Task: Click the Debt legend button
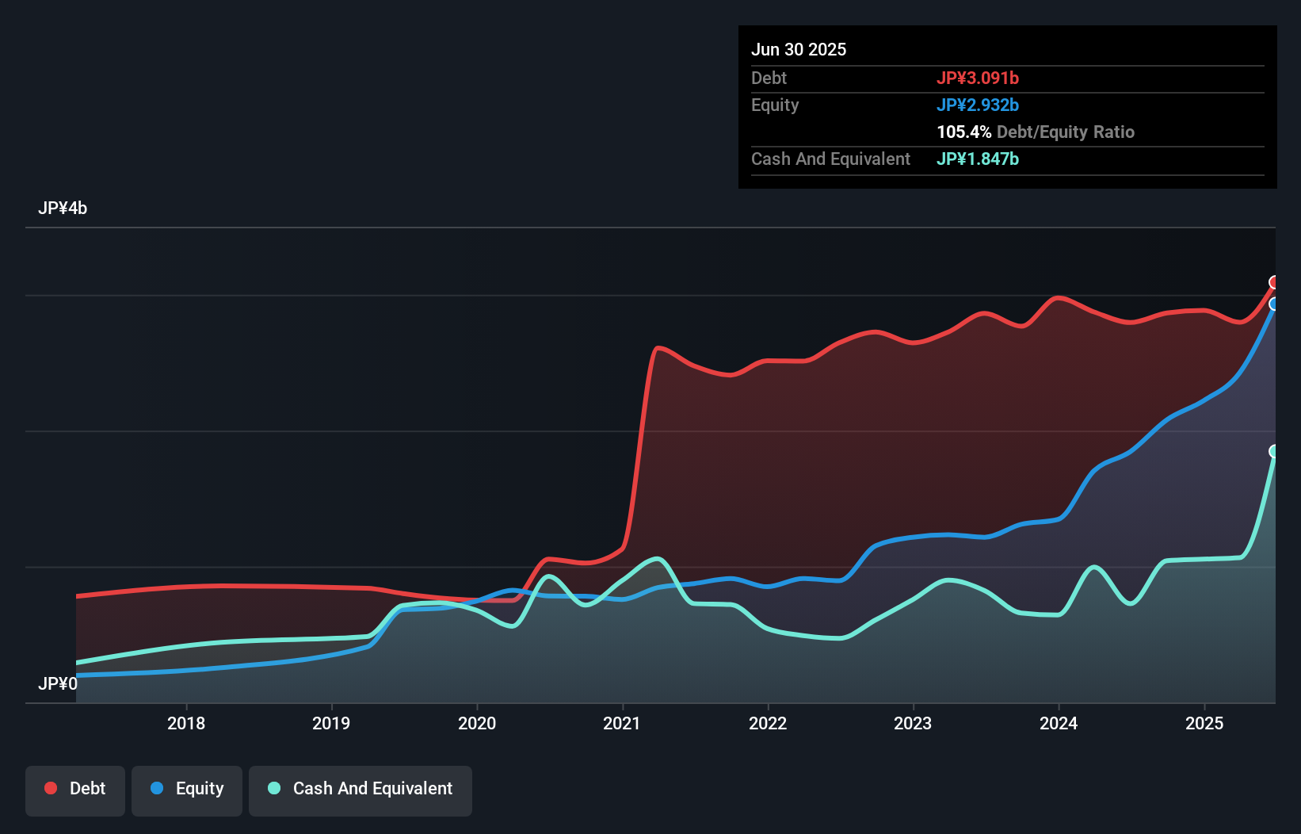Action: [x=75, y=789]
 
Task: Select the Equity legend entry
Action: [x=187, y=789]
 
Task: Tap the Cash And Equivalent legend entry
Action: [x=361, y=789]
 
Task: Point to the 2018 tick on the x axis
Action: [x=186, y=723]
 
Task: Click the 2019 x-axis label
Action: [x=331, y=723]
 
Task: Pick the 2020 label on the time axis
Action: [x=477, y=723]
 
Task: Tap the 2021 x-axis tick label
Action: [x=622, y=723]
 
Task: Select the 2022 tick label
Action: [x=768, y=723]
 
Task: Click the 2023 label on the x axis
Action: [x=913, y=723]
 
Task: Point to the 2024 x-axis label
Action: [x=1059, y=723]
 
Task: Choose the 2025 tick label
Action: [x=1204, y=723]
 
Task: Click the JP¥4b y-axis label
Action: [x=63, y=208]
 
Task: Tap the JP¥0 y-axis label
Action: [x=58, y=683]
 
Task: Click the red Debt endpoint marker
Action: [x=1274, y=282]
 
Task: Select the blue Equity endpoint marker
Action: [x=1274, y=304]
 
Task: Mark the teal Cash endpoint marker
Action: [x=1274, y=451]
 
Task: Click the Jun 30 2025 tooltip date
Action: [x=799, y=49]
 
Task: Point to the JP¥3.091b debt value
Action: [x=978, y=78]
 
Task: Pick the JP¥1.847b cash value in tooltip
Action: [x=978, y=159]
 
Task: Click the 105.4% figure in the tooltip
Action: [x=964, y=132]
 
